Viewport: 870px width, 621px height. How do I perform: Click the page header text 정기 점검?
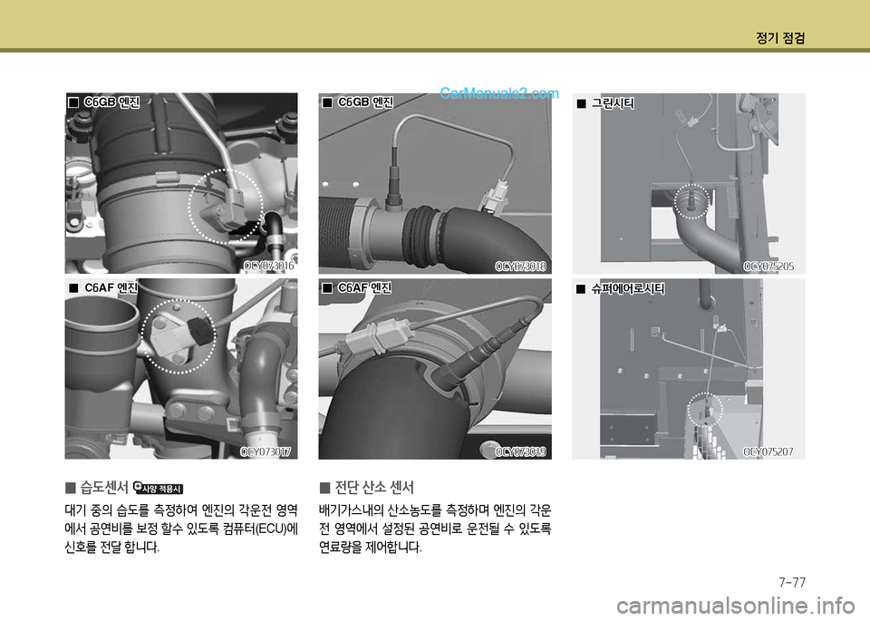[x=780, y=38]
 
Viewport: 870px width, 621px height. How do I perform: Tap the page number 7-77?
[x=792, y=582]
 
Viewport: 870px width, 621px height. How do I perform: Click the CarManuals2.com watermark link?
[x=499, y=93]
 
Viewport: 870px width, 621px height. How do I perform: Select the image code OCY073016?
[x=269, y=266]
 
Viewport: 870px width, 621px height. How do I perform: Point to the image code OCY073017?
[x=266, y=451]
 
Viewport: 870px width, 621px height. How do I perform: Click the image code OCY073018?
[x=520, y=267]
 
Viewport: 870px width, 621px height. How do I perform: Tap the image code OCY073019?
[x=520, y=451]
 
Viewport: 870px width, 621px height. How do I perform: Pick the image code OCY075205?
[x=768, y=267]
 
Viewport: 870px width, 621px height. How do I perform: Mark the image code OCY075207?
[x=768, y=451]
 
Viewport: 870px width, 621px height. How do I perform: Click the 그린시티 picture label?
[x=613, y=103]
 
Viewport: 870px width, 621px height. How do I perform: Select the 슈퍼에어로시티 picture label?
[x=627, y=288]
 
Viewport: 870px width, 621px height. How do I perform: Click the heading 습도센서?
[x=104, y=487]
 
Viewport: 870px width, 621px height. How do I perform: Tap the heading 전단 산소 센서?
[x=374, y=487]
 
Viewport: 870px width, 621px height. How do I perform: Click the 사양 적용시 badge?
[x=159, y=488]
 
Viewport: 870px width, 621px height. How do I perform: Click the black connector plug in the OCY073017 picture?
[x=201, y=331]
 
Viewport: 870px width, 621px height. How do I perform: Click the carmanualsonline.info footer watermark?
[x=736, y=606]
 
